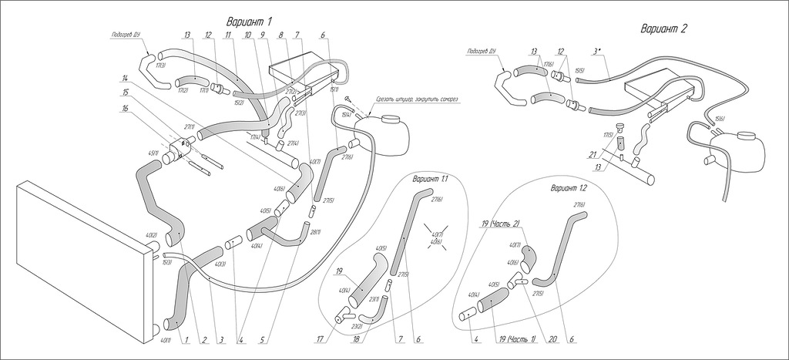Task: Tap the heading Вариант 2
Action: [663, 29]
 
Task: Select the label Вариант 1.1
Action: [430, 179]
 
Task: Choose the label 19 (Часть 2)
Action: [501, 224]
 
